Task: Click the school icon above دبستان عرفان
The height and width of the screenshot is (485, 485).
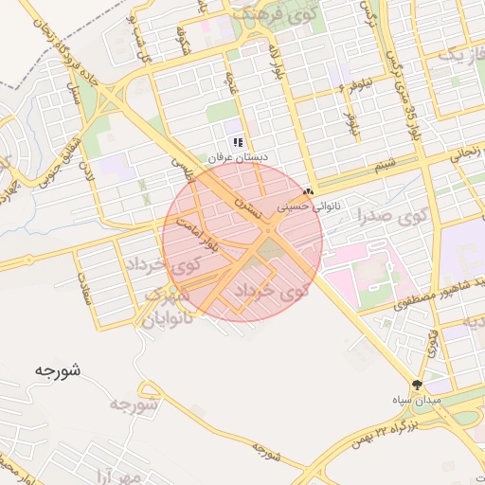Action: (x=238, y=141)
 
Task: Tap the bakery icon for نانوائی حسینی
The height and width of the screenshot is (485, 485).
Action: (x=307, y=191)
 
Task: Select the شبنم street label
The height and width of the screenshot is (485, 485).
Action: (x=384, y=166)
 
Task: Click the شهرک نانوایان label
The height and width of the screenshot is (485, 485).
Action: (x=168, y=308)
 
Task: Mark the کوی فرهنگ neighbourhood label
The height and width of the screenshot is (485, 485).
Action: (x=257, y=15)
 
